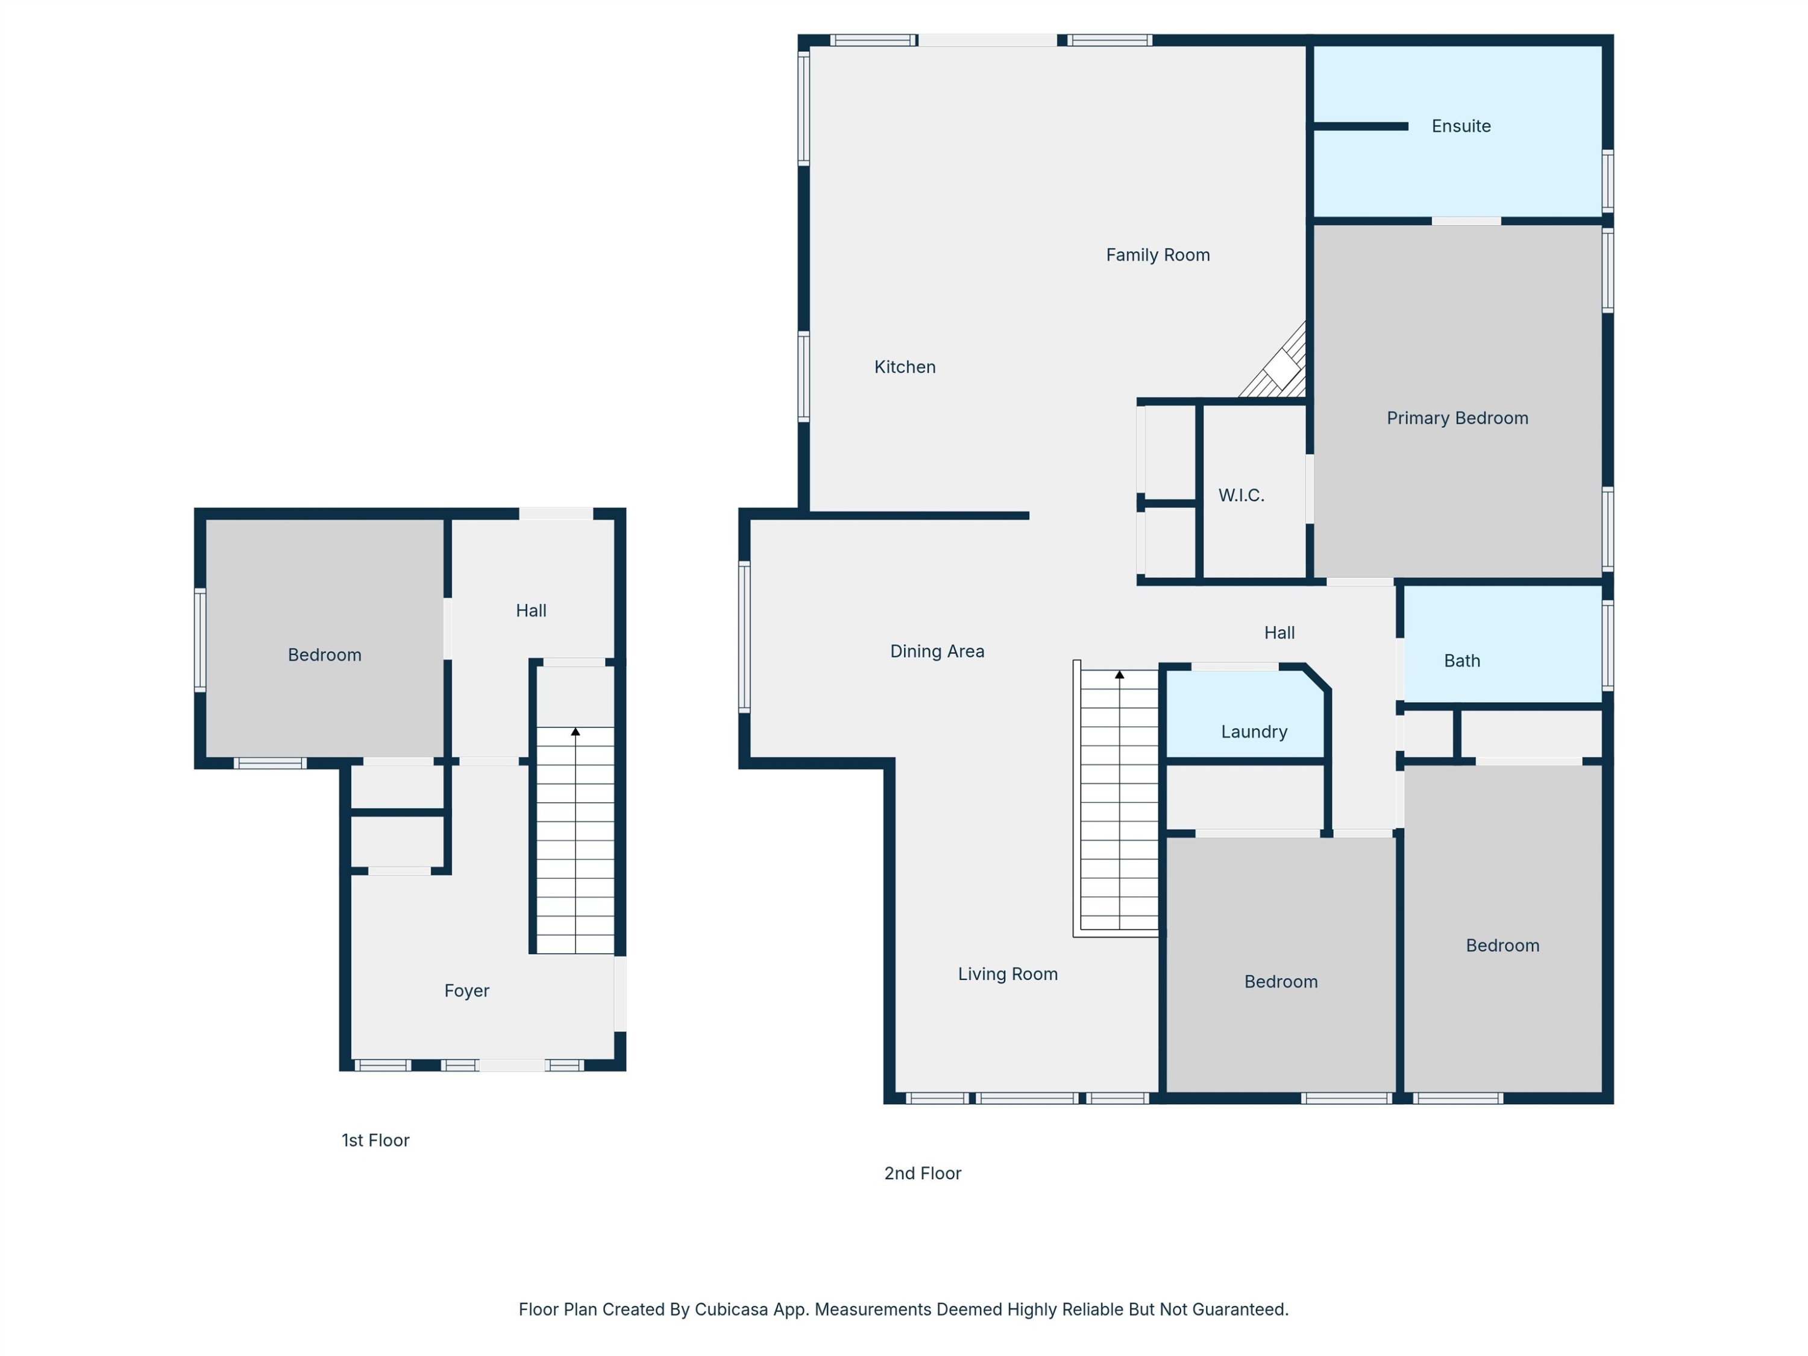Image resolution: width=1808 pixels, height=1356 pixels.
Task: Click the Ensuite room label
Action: tap(1461, 126)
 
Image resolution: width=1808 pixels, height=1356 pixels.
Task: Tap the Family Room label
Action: tap(1157, 255)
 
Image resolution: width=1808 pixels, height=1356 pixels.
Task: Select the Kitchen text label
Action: tap(905, 367)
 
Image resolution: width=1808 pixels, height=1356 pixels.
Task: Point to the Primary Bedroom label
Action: tap(1457, 418)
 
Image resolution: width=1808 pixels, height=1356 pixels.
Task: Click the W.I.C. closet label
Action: tap(1241, 495)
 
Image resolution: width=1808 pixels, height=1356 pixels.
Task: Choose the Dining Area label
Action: tap(937, 651)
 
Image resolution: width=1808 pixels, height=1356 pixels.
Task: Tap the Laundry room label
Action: tap(1254, 732)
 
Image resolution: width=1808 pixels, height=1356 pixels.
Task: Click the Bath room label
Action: tap(1461, 661)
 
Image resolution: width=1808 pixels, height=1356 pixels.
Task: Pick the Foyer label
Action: tap(466, 991)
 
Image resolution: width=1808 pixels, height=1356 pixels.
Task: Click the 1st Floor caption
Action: tap(375, 1140)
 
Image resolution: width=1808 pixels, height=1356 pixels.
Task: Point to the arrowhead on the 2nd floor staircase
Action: tap(1120, 674)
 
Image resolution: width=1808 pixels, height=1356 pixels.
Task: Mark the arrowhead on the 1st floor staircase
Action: tap(576, 732)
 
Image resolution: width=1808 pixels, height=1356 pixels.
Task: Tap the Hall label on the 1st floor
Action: tap(532, 611)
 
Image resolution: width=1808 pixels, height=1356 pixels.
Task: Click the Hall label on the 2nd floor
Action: tap(1279, 633)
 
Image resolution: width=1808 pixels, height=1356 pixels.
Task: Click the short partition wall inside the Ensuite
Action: tap(1361, 127)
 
